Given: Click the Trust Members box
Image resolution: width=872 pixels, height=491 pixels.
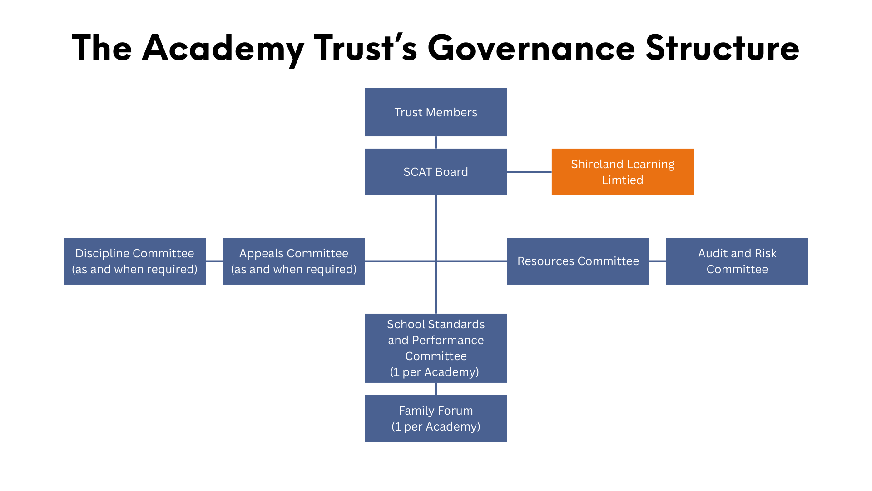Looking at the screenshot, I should pos(436,112).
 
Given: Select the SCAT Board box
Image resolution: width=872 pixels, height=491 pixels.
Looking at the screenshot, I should pos(436,172).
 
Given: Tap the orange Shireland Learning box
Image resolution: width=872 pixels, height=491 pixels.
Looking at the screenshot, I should pos(622,172).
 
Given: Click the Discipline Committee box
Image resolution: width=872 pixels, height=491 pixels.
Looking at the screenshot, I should pos(134,261).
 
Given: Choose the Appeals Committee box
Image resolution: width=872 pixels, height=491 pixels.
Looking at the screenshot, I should pos(293,261).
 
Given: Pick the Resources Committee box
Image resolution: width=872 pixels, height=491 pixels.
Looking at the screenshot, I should pos(578,261).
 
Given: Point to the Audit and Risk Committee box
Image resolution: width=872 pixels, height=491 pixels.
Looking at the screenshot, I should pos(737,261).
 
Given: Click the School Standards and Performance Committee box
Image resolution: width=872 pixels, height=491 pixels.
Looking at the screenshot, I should pos(436,348).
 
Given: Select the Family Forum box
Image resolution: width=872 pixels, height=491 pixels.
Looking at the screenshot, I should pos(436,418).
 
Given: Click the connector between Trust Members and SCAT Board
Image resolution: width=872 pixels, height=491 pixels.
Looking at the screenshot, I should pos(436,142).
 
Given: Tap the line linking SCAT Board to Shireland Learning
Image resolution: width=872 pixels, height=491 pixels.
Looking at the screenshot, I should pos(529,172).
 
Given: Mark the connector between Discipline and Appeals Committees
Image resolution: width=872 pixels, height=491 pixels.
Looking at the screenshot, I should pos(214,261).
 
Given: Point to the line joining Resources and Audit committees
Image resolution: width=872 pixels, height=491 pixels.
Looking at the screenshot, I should pos(657,261).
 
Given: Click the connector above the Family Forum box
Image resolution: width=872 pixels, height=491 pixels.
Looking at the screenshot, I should pos(436,389).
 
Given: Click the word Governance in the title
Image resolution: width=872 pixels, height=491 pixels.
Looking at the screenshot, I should pos(531,48).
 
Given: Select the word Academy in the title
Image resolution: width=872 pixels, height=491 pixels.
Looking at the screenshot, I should pos(223,48).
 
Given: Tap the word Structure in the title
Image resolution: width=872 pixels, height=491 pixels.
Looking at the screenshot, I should pos(722,48).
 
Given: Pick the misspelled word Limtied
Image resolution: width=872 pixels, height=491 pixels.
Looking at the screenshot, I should pos(622,180).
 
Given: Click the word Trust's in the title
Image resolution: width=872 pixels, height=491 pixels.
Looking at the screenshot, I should pos(365,48).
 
